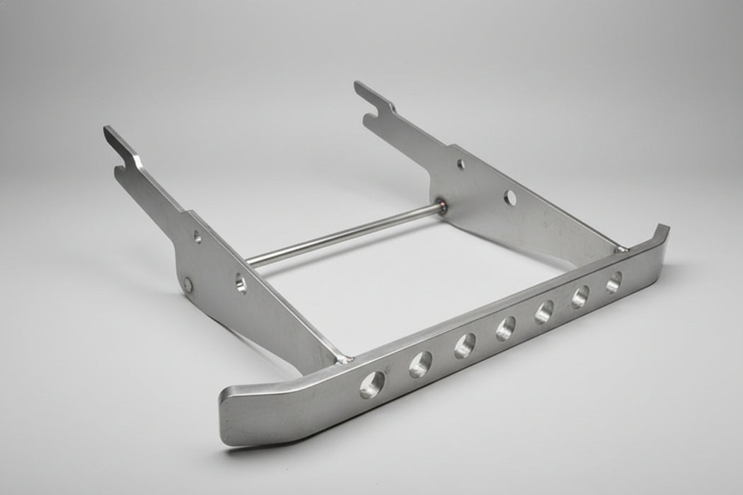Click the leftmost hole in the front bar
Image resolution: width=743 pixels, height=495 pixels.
tap(371, 384)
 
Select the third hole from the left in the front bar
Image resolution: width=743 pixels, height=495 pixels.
tap(465, 345)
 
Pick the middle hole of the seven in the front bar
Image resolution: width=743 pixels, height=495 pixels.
tap(506, 327)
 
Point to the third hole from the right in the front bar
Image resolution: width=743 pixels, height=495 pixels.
tap(544, 311)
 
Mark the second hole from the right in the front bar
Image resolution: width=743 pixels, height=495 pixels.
tap(581, 296)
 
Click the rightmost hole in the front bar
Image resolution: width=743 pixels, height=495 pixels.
tap(614, 281)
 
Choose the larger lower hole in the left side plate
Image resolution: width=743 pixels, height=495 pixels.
tap(241, 284)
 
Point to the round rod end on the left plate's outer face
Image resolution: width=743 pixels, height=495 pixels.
tap(188, 285)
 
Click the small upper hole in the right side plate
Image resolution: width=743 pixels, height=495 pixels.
tap(461, 164)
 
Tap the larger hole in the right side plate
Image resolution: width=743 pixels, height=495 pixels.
tap(509, 198)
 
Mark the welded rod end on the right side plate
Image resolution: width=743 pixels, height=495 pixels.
tap(442, 206)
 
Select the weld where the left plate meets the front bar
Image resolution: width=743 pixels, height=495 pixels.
tap(345, 359)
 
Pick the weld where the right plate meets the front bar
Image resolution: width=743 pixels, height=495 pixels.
tap(621, 248)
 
